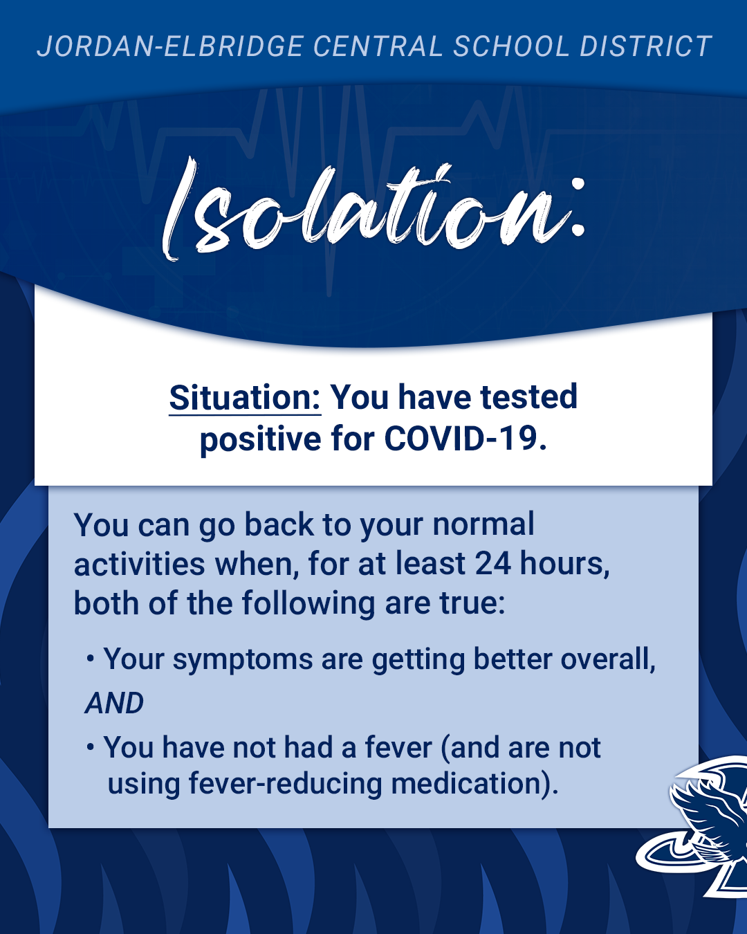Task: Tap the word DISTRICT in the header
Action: tap(645, 46)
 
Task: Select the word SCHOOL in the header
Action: tap(511, 46)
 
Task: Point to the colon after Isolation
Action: tap(577, 208)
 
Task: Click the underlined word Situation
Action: tap(245, 397)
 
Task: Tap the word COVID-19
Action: tap(465, 439)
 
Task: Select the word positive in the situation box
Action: tap(260, 439)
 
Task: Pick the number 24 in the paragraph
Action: tap(492, 564)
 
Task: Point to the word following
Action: tap(308, 604)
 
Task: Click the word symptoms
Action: tap(243, 661)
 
